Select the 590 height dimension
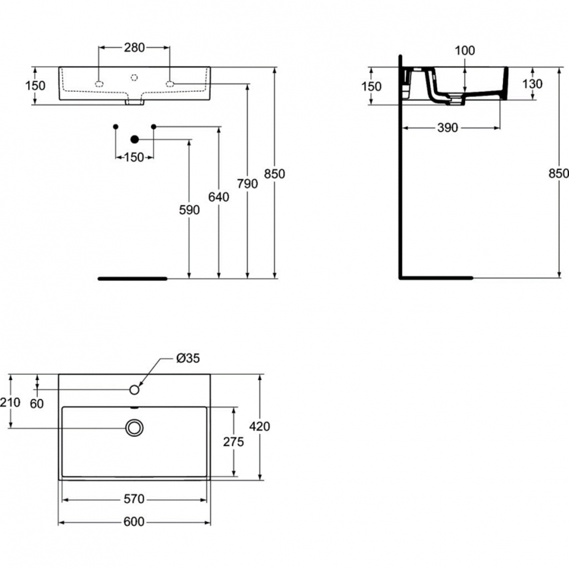(190, 210)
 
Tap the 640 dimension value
(218, 197)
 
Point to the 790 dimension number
(247, 184)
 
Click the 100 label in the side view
(464, 51)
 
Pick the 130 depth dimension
(532, 83)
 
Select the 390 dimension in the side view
(448, 128)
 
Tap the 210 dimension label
(11, 402)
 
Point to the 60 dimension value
(36, 403)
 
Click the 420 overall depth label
(259, 426)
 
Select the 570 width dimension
(134, 499)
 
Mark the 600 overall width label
(134, 522)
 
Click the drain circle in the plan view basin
(134, 428)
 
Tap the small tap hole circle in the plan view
(134, 390)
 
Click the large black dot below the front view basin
(135, 139)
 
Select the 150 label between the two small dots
(134, 157)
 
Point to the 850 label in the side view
(558, 174)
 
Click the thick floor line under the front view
(131, 278)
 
